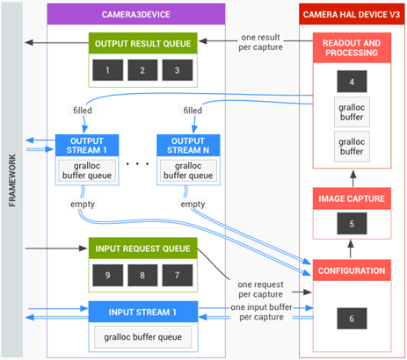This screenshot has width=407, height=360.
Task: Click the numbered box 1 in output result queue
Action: (x=108, y=68)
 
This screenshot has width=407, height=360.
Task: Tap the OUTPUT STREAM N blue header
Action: (x=185, y=146)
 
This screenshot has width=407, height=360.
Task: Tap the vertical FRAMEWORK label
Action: (x=12, y=180)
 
